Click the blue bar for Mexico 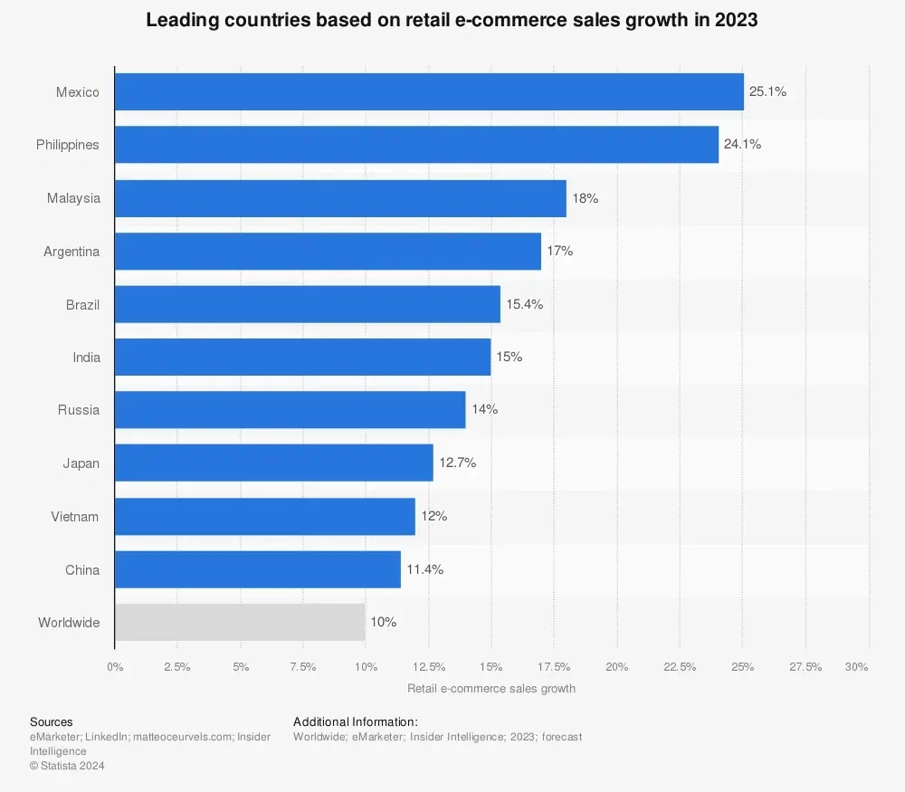(x=429, y=91)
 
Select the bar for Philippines (x=416, y=145)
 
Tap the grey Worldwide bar (x=240, y=623)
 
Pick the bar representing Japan (x=273, y=463)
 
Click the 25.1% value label (x=767, y=91)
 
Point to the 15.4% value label (x=525, y=304)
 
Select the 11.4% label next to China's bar (x=425, y=569)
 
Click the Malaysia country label (x=73, y=198)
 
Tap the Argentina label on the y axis (x=71, y=251)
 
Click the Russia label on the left (x=79, y=410)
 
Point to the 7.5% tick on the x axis (x=302, y=667)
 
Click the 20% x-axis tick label (x=616, y=667)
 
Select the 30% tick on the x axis (x=856, y=667)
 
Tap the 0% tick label (x=115, y=667)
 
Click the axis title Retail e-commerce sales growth (x=491, y=688)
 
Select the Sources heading (x=52, y=721)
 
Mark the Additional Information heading (x=355, y=721)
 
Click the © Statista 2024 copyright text (x=67, y=766)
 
